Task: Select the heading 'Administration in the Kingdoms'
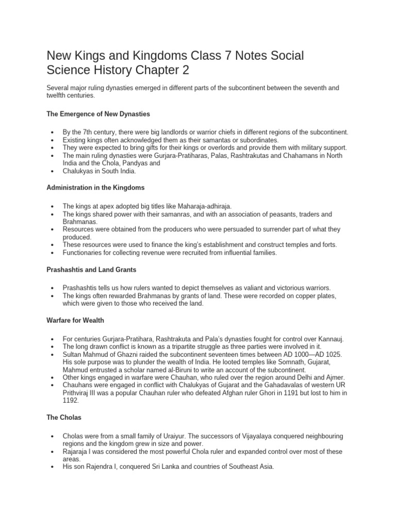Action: click(x=96, y=188)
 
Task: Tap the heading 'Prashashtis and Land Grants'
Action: click(x=92, y=269)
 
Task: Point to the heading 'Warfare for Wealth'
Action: click(x=75, y=320)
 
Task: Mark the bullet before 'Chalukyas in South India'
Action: click(x=54, y=171)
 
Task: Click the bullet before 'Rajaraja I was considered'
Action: click(x=54, y=452)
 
